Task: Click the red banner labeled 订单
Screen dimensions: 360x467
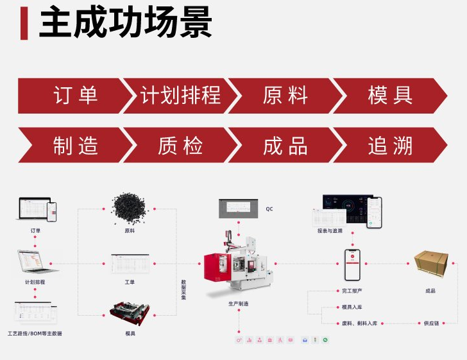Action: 74,96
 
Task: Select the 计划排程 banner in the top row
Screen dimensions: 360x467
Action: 180,96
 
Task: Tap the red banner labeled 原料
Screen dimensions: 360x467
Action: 285,96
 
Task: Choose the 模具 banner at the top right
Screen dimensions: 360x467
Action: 389,96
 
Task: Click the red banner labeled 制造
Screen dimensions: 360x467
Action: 74,146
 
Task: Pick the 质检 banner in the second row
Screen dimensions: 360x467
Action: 180,146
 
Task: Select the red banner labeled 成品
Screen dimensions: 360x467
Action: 285,146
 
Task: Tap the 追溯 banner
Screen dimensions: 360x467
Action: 389,146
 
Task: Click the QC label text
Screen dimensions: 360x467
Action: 269,209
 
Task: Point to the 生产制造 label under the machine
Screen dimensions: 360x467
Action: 239,302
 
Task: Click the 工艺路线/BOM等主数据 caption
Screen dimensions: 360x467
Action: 35,334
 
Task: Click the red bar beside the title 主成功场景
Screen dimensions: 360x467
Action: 24,24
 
